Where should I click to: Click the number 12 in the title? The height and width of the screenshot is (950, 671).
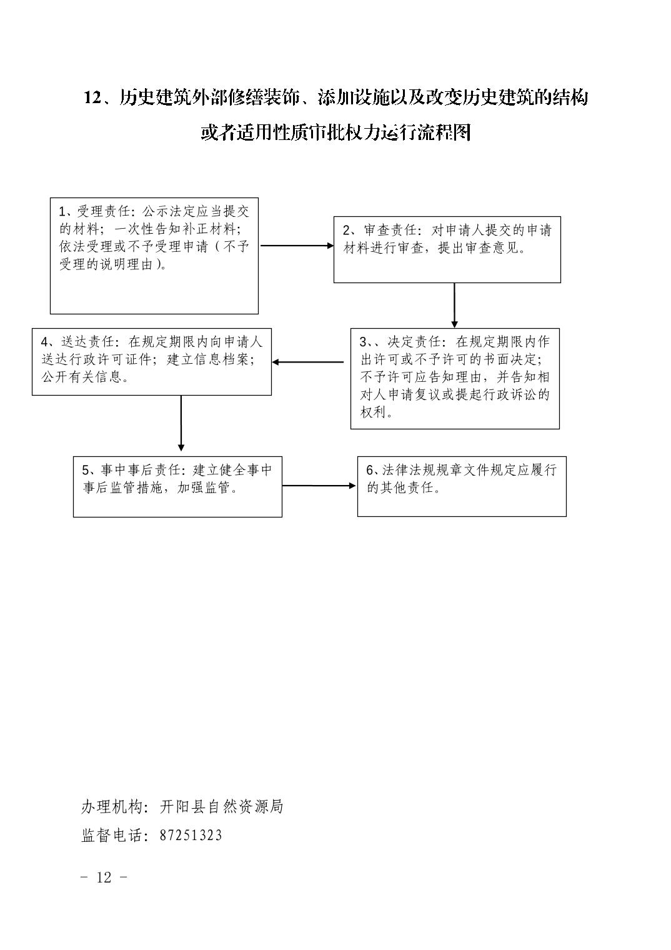(x=92, y=98)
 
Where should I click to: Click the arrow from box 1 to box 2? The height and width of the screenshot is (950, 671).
(x=297, y=246)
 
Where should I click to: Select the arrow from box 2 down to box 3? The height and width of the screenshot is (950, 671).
(x=454, y=306)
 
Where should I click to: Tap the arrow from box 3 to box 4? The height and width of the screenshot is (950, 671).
(x=308, y=362)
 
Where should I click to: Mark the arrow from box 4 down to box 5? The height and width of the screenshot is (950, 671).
(x=181, y=423)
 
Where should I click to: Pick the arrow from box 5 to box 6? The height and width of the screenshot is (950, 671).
(x=319, y=486)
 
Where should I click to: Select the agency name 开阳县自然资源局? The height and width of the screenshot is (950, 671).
(x=221, y=806)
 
